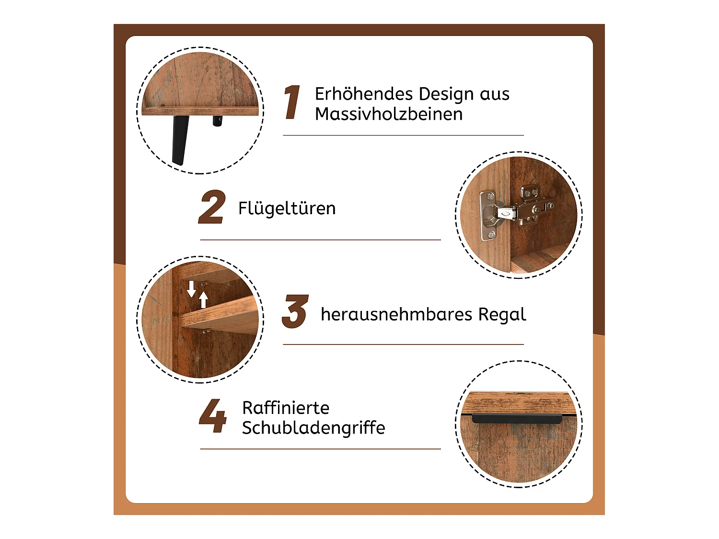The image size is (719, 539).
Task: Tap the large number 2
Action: [212, 207]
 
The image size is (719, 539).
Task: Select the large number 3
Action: [295, 311]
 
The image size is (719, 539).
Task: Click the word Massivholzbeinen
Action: [389, 114]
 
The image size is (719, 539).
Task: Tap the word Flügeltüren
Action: [287, 208]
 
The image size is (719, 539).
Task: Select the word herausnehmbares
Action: [396, 314]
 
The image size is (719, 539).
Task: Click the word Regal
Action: [502, 315]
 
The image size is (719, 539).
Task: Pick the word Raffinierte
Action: [286, 408]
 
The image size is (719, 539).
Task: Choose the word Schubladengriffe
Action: [313, 428]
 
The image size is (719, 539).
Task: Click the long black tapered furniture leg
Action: [181, 140]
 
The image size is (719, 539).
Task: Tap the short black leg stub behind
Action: [217, 121]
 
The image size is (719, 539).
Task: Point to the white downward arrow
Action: [191, 288]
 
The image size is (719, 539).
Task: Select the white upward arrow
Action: [203, 299]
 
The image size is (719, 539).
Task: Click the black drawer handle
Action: [517, 419]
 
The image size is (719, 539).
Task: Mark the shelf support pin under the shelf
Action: [205, 331]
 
